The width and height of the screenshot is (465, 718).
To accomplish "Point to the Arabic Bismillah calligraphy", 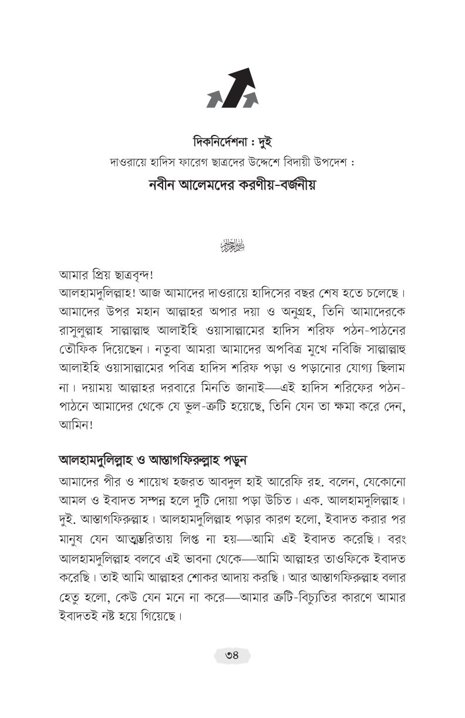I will [x=232, y=243].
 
